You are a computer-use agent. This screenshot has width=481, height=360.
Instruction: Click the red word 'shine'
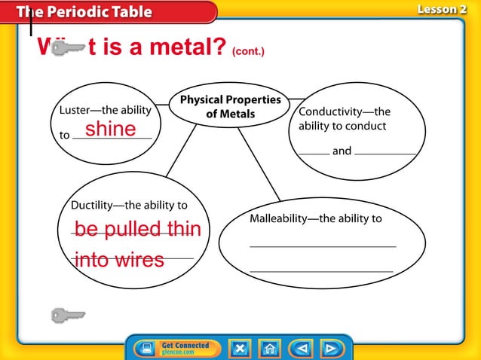(x=110, y=130)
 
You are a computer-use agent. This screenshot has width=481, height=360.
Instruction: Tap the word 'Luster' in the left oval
(x=74, y=111)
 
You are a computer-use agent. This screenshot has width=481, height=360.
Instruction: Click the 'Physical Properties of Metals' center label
(x=230, y=107)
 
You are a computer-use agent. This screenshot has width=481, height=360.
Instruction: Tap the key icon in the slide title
(x=65, y=50)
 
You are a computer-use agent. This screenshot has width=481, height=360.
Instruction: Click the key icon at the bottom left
(x=67, y=314)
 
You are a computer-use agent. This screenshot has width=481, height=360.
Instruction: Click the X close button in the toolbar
(x=239, y=348)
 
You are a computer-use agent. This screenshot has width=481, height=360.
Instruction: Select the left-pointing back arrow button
(x=301, y=348)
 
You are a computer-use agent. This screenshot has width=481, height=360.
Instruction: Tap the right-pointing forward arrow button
(x=331, y=348)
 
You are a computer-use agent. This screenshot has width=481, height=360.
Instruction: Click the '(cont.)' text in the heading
(x=248, y=52)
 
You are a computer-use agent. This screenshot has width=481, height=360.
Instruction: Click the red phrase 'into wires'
(x=119, y=261)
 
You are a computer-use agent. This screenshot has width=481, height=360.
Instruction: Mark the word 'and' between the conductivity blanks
(x=342, y=151)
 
